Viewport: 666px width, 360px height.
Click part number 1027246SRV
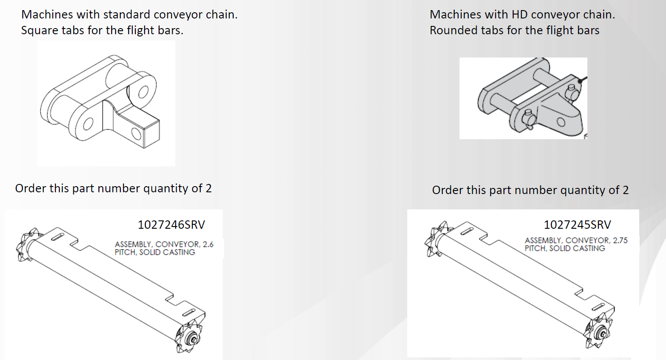click(171, 225)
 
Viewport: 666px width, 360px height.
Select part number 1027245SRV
click(577, 225)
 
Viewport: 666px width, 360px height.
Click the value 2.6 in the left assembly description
click(208, 244)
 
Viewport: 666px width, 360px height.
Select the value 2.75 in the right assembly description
click(620, 240)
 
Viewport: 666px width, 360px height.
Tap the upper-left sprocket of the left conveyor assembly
click(27, 245)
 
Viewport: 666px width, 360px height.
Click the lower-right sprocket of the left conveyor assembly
click(189, 336)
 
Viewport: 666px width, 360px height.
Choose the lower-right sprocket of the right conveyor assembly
click(598, 331)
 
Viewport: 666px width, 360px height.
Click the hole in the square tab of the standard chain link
click(136, 133)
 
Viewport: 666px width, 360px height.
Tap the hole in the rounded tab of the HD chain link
click(561, 122)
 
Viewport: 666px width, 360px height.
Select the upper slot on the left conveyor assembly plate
click(58, 237)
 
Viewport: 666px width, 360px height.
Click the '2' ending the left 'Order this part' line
click(208, 188)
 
